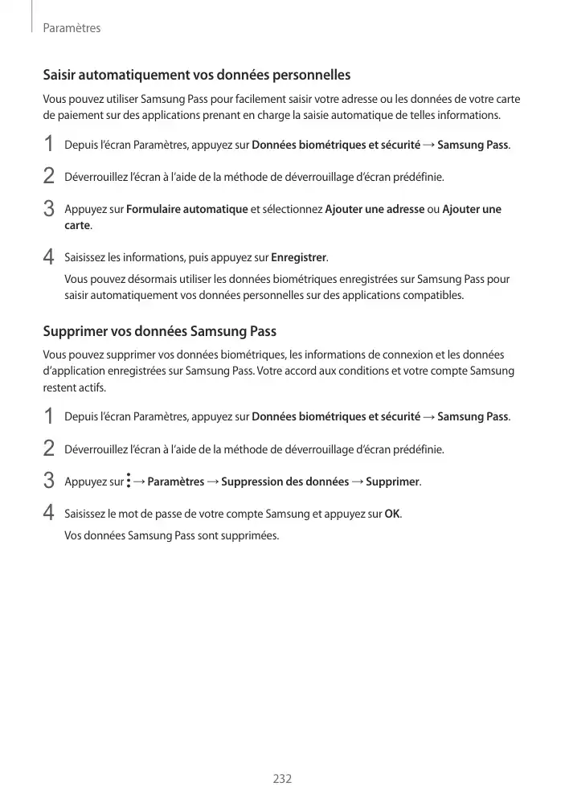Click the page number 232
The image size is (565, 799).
pyautogui.click(x=282, y=778)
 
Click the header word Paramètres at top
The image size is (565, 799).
pyautogui.click(x=72, y=28)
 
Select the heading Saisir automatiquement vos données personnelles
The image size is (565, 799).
pyautogui.click(x=196, y=76)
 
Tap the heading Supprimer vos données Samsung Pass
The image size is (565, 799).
pyautogui.click(x=159, y=331)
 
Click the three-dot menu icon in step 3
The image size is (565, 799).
pyautogui.click(x=129, y=481)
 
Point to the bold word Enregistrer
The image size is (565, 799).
pyautogui.click(x=298, y=257)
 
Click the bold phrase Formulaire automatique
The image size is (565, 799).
pyautogui.click(x=187, y=210)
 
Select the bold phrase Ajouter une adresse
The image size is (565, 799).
pyautogui.click(x=375, y=210)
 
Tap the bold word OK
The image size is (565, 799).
pyautogui.click(x=392, y=514)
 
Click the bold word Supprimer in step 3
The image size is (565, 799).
pyautogui.click(x=392, y=481)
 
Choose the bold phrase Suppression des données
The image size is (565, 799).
pyautogui.click(x=285, y=481)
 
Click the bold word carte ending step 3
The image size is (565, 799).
pyautogui.click(x=77, y=225)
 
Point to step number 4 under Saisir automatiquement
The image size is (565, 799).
pyautogui.click(x=48, y=258)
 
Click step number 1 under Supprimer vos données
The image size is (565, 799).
pyautogui.click(x=48, y=417)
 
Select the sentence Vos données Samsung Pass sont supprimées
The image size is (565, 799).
pyautogui.click(x=172, y=535)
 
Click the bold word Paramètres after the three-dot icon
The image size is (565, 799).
pyautogui.click(x=176, y=481)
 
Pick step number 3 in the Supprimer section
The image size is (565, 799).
pyautogui.click(x=48, y=482)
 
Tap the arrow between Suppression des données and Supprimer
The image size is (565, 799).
pyautogui.click(x=358, y=481)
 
